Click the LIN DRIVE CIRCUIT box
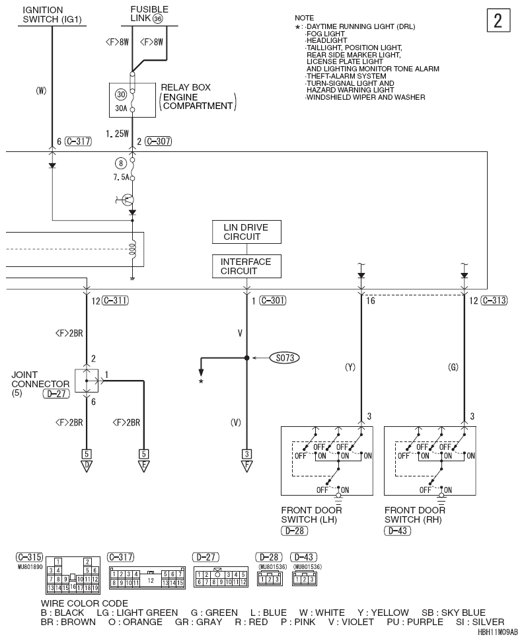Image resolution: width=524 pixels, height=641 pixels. click(x=246, y=232)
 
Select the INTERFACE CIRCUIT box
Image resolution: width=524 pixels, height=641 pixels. click(x=246, y=266)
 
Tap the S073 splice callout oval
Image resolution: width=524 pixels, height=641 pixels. click(x=285, y=358)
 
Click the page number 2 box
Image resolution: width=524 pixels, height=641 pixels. click(x=498, y=20)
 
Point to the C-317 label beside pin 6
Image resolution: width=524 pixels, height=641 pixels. click(x=78, y=141)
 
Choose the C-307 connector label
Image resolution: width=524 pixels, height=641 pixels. click(x=158, y=141)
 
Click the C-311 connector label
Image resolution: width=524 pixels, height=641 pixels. click(x=115, y=301)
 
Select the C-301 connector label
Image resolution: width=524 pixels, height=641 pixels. click(x=273, y=301)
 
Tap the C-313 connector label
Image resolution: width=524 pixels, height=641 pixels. click(x=494, y=301)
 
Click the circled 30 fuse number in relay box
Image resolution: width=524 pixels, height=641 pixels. click(x=121, y=94)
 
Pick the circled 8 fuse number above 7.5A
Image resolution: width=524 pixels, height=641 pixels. click(x=120, y=163)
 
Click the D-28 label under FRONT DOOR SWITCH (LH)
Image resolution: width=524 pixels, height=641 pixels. click(x=294, y=531)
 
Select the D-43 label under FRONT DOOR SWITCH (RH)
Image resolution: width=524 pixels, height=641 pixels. click(x=397, y=531)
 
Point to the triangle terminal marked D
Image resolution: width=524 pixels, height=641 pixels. click(x=87, y=466)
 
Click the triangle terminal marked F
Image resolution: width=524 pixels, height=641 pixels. click(x=247, y=466)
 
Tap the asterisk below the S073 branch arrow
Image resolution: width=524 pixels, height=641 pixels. click(x=201, y=382)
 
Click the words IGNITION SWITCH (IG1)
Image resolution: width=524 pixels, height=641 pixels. click(x=52, y=15)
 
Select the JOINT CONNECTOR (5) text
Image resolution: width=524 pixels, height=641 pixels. click(x=40, y=384)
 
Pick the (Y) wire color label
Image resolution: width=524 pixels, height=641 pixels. click(x=350, y=367)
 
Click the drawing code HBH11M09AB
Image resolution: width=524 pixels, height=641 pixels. click(x=498, y=632)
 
